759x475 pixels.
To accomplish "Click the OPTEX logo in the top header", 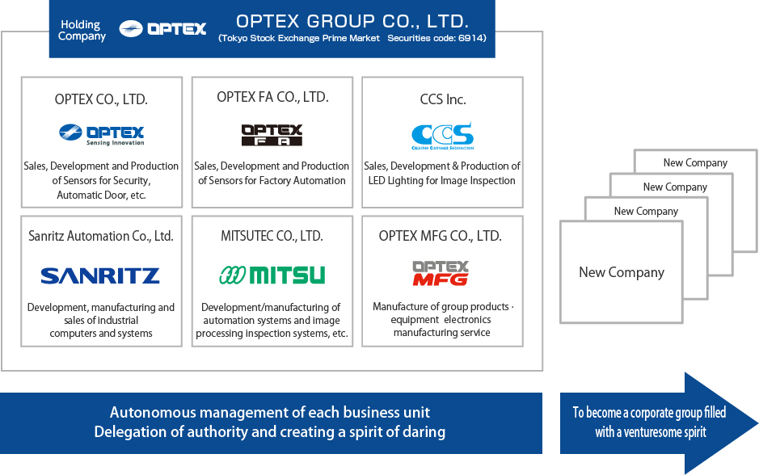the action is (162, 28).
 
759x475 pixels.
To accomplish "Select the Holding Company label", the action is (82, 31).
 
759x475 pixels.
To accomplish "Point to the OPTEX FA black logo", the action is (272, 135).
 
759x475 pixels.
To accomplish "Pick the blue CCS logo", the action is (442, 136).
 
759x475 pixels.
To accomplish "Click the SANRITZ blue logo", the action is (100, 275).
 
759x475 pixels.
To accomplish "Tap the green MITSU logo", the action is (272, 275).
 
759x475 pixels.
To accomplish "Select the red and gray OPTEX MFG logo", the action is (441, 273).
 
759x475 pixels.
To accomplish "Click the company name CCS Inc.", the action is (443, 99).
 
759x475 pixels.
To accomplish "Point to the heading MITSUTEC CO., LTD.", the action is (272, 236).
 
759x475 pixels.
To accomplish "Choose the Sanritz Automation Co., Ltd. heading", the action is (101, 236).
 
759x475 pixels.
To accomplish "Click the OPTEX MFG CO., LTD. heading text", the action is (441, 236).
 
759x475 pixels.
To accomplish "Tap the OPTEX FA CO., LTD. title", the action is (272, 97).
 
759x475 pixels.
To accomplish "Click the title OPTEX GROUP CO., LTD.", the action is (352, 21).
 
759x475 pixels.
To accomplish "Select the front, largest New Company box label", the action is (622, 273).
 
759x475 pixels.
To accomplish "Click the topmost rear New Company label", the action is (695, 163).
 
